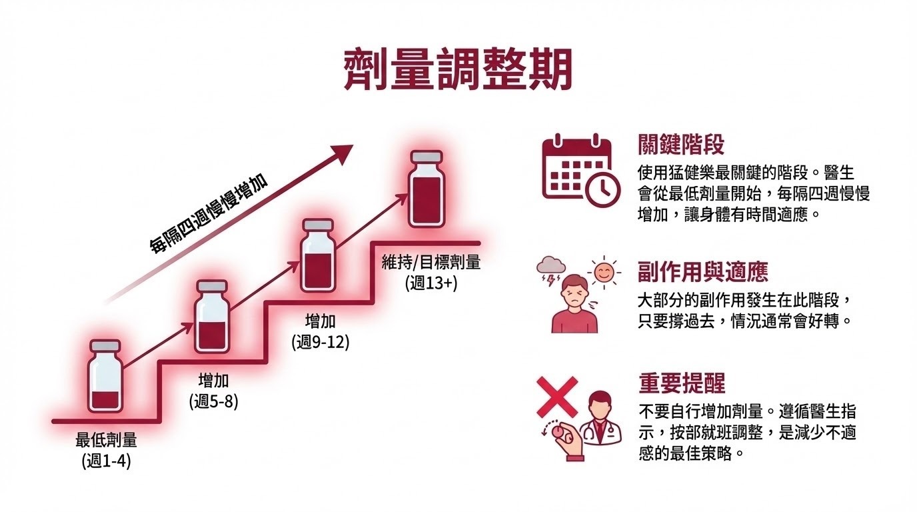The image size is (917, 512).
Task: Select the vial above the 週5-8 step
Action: pos(213,317)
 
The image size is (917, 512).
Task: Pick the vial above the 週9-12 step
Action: pos(317,255)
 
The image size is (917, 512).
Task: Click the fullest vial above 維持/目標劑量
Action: pos(426,190)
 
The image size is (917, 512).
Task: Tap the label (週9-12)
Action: pos(320,342)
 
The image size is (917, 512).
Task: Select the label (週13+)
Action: pos(431,283)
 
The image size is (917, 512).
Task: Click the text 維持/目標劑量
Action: pos(431,263)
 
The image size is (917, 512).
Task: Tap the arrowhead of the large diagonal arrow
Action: pos(343,153)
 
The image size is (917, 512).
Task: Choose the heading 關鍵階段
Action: pos(681,145)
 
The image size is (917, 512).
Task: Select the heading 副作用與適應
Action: pos(702,272)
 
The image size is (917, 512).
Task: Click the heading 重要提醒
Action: pos(681,383)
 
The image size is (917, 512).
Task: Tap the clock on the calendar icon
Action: pos(601,189)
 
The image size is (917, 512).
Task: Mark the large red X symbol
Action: pos(557,397)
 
